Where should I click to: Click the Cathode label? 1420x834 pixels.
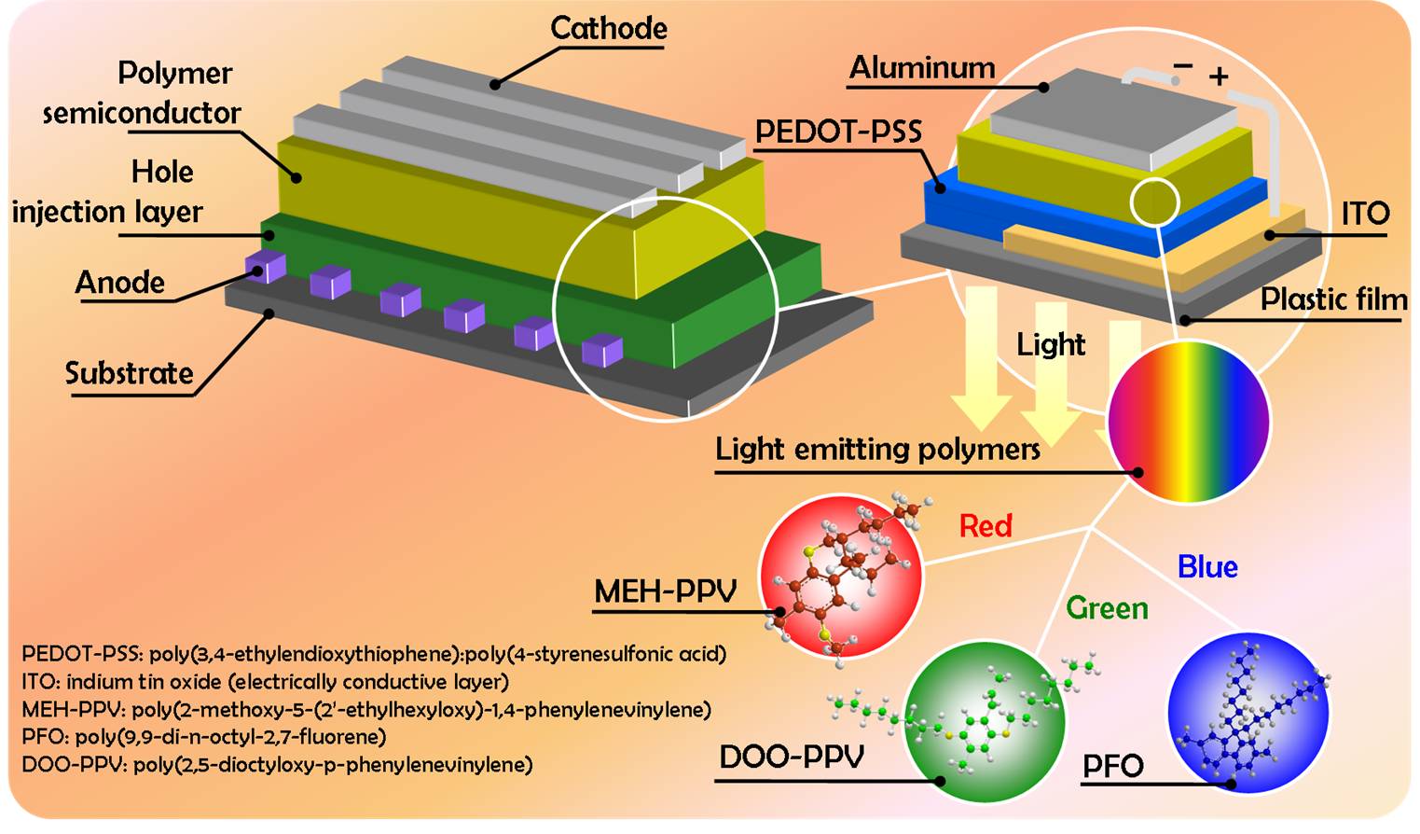click(x=608, y=28)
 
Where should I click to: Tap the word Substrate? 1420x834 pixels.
click(x=129, y=373)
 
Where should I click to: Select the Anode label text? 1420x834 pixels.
click(x=119, y=282)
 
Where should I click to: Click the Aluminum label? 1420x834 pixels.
click(x=921, y=67)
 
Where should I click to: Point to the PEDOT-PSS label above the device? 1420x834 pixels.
click(x=837, y=132)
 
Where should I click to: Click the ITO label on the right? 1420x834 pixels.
click(x=1364, y=214)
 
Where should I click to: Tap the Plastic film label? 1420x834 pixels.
click(x=1333, y=299)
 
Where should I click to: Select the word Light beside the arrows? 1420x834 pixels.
click(x=1051, y=344)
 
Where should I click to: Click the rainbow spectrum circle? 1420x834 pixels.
click(x=1189, y=422)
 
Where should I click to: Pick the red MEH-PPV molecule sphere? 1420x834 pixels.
click(x=841, y=575)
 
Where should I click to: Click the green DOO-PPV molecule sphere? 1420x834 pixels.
click(x=985, y=721)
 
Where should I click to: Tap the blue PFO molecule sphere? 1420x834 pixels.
click(x=1248, y=713)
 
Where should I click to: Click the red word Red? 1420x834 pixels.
click(x=986, y=526)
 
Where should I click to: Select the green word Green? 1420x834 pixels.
click(x=1107, y=608)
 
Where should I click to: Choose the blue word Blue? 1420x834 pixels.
click(x=1207, y=567)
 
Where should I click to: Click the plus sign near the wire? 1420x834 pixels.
click(x=1219, y=76)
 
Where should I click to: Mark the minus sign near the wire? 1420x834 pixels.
click(x=1182, y=65)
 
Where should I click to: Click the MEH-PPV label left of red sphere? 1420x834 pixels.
click(x=665, y=591)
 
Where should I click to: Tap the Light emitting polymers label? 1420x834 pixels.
click(x=876, y=450)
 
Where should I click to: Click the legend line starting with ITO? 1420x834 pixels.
click(x=265, y=682)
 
